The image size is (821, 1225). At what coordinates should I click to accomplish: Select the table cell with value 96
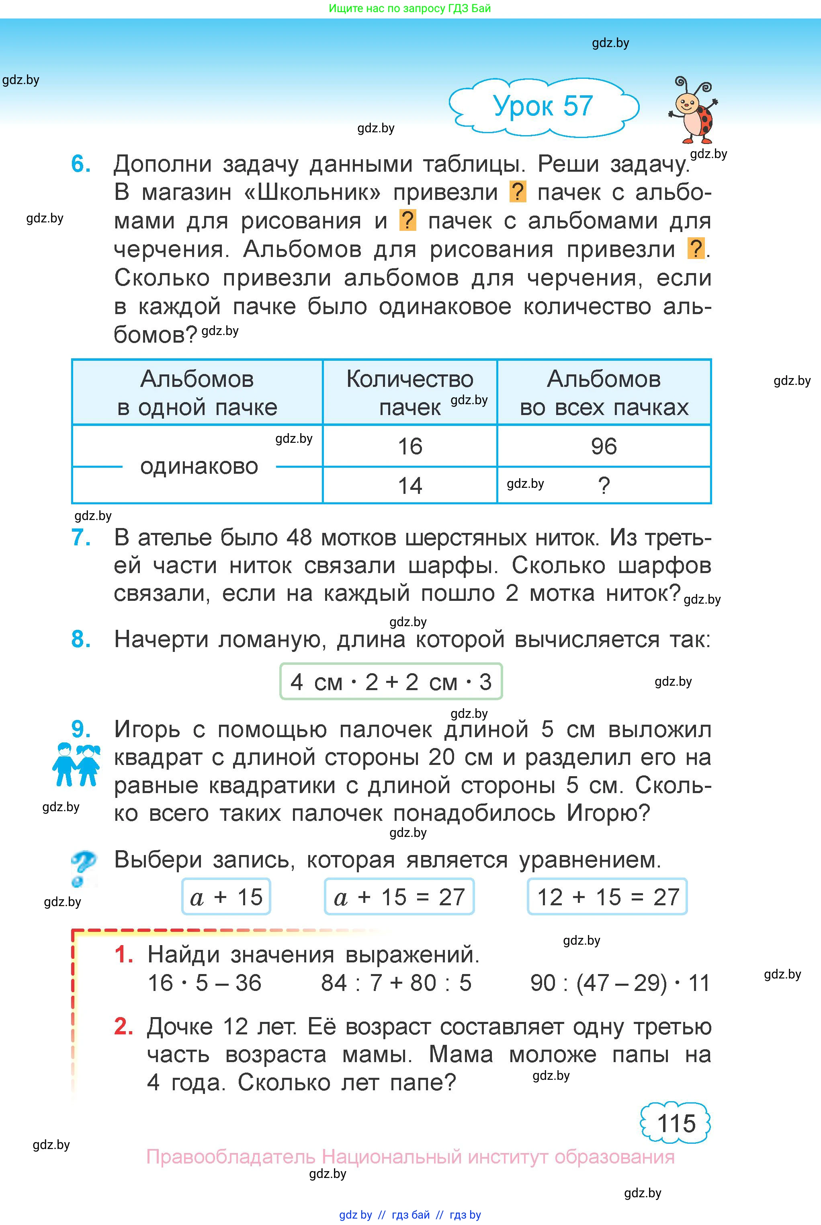[x=604, y=446]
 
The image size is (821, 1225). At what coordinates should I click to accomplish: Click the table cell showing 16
[x=409, y=446]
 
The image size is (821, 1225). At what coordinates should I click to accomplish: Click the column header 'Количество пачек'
[x=409, y=393]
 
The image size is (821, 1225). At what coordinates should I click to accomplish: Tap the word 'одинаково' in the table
[x=199, y=466]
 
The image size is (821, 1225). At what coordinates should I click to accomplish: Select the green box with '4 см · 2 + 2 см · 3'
[x=391, y=682]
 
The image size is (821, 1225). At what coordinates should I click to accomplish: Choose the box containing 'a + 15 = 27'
[x=399, y=897]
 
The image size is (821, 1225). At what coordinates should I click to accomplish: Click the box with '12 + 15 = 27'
[x=607, y=897]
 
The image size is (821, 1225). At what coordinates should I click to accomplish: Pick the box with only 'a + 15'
[x=226, y=897]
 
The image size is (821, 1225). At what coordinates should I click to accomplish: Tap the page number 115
[x=676, y=1123]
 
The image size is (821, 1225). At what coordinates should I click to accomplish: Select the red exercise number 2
[x=123, y=1026]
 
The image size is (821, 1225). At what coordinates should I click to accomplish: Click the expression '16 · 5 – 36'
[x=204, y=983]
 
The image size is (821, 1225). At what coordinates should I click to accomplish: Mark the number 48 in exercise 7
[x=299, y=538]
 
